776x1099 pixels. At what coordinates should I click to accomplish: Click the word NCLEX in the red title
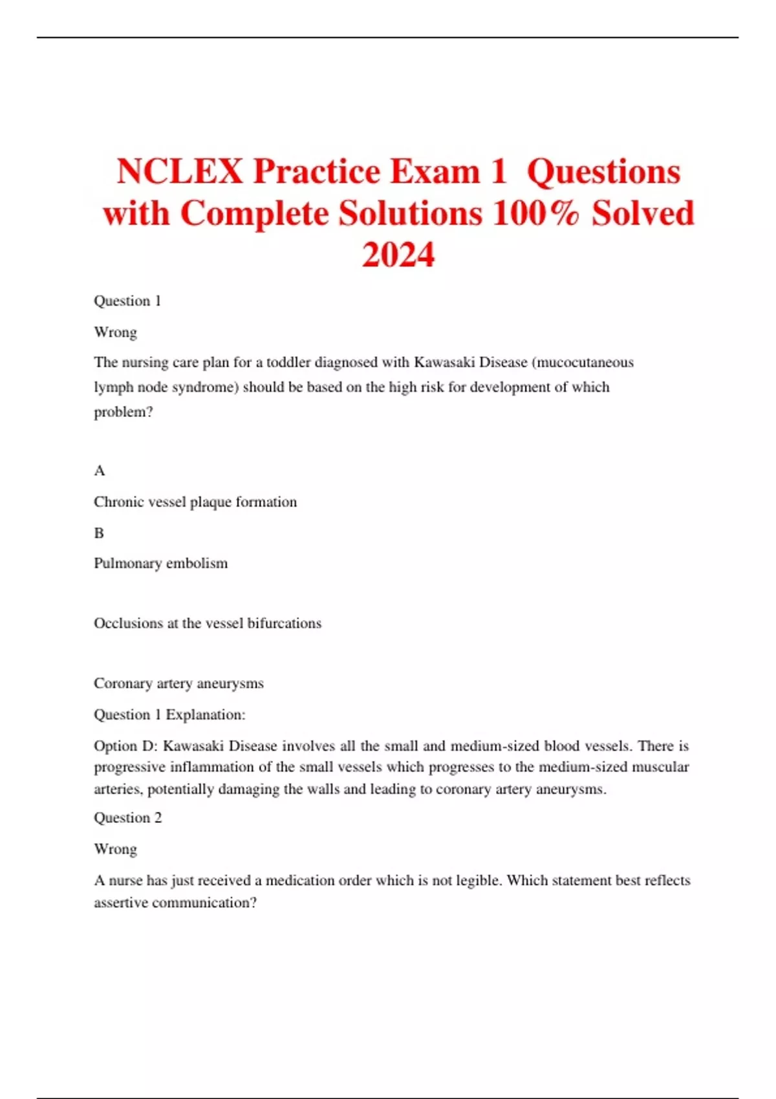pos(180,172)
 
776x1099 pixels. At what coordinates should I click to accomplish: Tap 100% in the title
pos(535,213)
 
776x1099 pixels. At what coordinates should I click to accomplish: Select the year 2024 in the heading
pos(398,255)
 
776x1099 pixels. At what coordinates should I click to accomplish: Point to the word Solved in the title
pos(643,213)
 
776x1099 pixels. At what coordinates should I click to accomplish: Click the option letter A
pos(99,471)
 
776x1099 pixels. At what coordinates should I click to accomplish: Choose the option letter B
pos(99,533)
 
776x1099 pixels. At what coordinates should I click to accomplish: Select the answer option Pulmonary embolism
pos(160,563)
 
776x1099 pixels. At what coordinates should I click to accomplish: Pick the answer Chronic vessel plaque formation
pos(195,502)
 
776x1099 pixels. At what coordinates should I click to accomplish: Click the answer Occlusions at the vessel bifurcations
pos(207,623)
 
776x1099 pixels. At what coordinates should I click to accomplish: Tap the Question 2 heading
pos(127,818)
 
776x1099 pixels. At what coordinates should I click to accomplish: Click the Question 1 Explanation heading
pos(169,714)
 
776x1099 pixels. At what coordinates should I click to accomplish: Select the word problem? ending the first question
pos(123,412)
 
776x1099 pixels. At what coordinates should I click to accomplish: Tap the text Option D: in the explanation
pos(125,746)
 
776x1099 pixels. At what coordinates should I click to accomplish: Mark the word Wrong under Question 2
pos(115,849)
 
